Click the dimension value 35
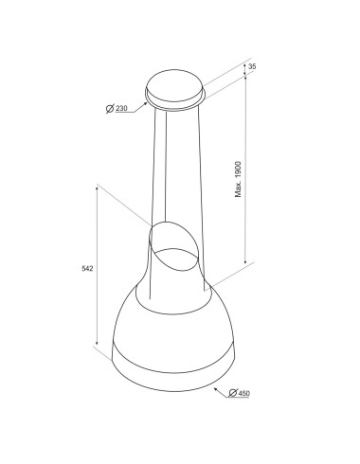[252, 66]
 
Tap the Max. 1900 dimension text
[238, 180]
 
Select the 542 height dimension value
[87, 269]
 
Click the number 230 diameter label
[121, 109]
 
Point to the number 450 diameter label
[243, 393]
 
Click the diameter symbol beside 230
[110, 109]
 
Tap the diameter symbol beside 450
[233, 393]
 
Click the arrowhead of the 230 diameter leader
[146, 103]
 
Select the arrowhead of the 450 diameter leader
[217, 390]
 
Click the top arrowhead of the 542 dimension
[97, 188]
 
